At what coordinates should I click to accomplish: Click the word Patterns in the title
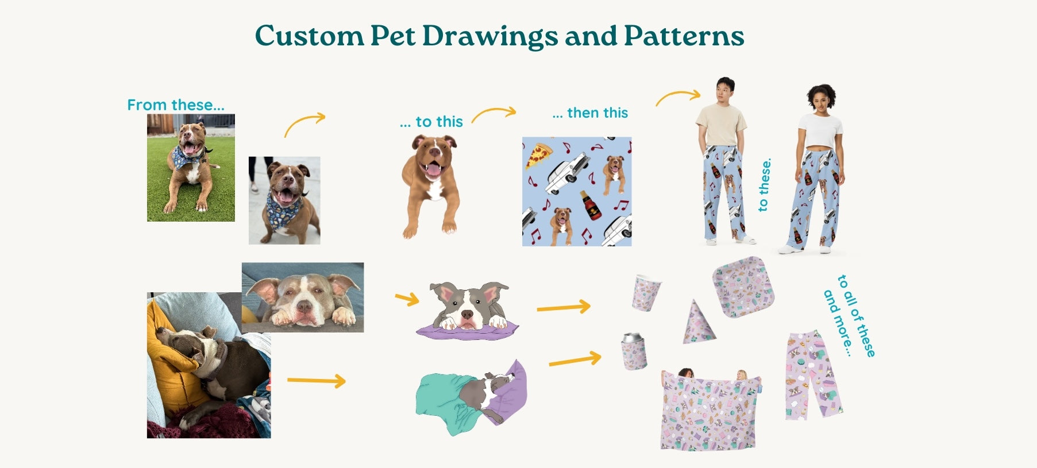point(684,36)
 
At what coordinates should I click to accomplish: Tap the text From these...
point(176,105)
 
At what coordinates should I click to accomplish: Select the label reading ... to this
point(431,122)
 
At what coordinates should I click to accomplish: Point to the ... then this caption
point(590,113)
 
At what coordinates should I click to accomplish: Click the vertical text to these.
point(764,185)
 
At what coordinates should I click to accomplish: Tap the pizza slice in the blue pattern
point(538,156)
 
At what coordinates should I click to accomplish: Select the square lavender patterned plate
point(743,287)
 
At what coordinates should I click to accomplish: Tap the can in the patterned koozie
point(634,351)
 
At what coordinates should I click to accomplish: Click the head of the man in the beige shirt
point(725,89)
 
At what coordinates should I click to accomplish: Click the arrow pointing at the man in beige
point(679,96)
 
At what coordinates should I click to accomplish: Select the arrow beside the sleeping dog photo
point(317,380)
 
